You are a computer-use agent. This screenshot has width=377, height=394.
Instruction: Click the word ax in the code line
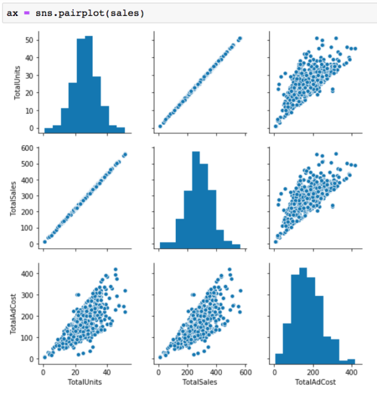coord(11,13)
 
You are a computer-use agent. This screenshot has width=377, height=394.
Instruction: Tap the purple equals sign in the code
coord(26,13)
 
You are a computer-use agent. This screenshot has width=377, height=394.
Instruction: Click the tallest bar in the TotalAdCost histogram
coord(303,314)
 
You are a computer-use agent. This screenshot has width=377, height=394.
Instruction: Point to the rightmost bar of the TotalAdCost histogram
coord(351,361)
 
